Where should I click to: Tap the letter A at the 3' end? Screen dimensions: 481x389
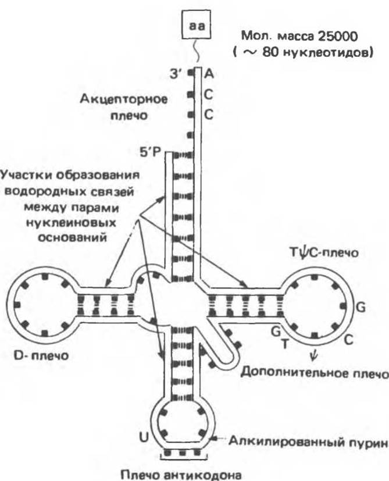[209, 74]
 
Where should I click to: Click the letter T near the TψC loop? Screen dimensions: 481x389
[284, 343]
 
